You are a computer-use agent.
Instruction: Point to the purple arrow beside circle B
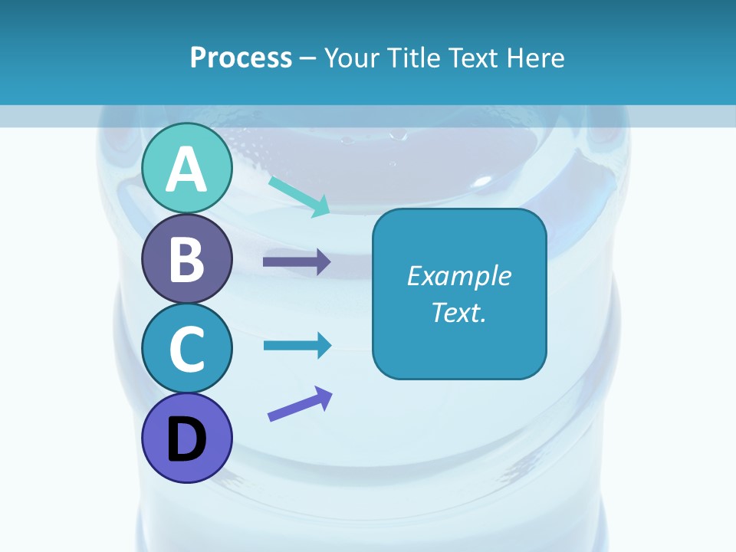tap(297, 262)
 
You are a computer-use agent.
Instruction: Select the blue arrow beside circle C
tap(297, 345)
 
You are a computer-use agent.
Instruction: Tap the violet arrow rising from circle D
tap(300, 404)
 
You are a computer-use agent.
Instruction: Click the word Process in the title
tap(241, 58)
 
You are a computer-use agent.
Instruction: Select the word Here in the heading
tap(534, 58)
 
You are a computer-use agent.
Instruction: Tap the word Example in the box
tap(458, 276)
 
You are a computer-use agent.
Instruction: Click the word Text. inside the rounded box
tap(458, 313)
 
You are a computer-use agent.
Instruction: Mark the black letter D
tap(186, 440)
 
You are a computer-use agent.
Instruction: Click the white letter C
tap(186, 350)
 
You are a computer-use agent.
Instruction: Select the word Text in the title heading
tap(472, 58)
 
